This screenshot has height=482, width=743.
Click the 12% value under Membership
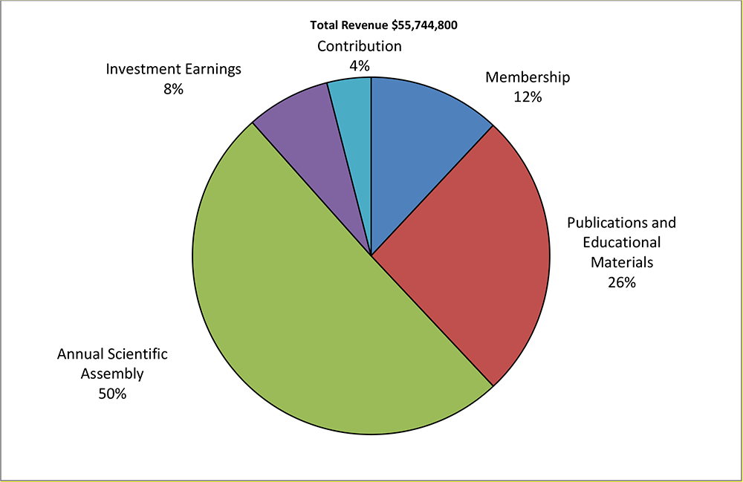[528, 97]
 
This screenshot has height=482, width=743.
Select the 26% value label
[621, 282]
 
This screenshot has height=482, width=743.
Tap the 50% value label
[112, 394]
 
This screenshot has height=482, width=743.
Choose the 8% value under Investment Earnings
[174, 89]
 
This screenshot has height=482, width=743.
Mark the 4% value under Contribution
[360, 65]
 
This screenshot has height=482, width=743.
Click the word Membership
[528, 77]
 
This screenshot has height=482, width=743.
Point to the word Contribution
[360, 46]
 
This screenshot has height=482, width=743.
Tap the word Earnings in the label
[212, 70]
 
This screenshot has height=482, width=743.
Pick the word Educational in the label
[622, 242]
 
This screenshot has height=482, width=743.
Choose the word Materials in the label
[622, 262]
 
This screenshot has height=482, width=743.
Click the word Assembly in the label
[112, 374]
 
